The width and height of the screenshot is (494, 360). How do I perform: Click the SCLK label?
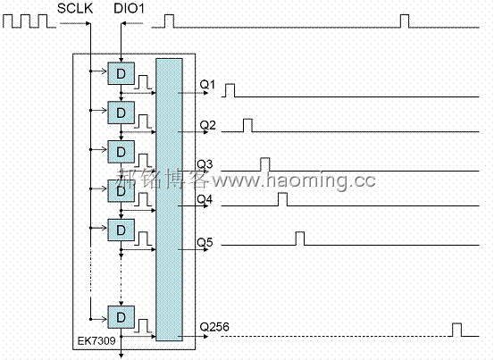[x=75, y=8]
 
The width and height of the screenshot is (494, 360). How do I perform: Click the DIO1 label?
[x=129, y=8]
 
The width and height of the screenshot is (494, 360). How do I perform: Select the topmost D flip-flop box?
[x=121, y=73]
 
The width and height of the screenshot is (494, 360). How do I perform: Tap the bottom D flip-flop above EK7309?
[x=121, y=317]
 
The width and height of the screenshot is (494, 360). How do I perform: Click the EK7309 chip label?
[x=96, y=340]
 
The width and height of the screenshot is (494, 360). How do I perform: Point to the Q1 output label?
[x=207, y=84]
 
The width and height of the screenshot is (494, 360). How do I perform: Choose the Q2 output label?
[x=207, y=125]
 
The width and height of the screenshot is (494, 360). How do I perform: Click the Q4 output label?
[x=205, y=199]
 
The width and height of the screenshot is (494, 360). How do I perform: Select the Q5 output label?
[x=205, y=242]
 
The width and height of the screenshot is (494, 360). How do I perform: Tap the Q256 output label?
[x=214, y=327]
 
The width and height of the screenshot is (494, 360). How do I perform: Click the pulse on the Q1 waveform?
[x=230, y=90]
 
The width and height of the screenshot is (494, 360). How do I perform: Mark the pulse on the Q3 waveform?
[x=265, y=164]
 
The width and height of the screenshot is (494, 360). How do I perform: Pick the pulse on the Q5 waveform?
[x=300, y=239]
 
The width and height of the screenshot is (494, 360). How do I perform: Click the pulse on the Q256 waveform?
[x=456, y=330]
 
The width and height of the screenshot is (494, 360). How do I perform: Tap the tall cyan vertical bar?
[x=169, y=199]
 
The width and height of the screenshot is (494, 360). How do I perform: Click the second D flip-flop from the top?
[x=121, y=113]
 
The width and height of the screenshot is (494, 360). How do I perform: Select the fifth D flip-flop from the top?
[x=121, y=230]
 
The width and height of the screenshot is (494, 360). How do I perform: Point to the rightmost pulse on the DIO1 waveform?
[x=405, y=21]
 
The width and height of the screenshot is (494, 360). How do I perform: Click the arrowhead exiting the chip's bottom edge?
[x=121, y=356]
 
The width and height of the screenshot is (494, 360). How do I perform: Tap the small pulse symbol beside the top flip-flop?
[x=143, y=82]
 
